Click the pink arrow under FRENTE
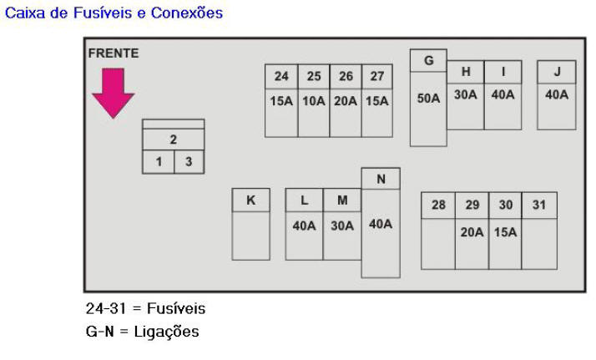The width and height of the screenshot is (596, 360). click(113, 93)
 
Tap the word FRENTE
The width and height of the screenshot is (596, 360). click(114, 53)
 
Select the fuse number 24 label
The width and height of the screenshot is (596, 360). click(281, 76)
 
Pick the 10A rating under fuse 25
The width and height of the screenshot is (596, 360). click(314, 101)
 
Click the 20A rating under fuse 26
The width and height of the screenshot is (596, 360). click(346, 101)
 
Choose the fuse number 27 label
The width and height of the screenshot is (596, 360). click(377, 76)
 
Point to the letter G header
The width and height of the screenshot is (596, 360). click(428, 60)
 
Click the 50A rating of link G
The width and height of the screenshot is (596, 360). click(428, 98)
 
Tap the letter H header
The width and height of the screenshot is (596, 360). click(465, 71)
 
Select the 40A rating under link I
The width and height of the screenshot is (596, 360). click(503, 94)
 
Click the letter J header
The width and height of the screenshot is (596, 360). click(557, 71)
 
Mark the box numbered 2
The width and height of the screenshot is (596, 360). click(173, 139)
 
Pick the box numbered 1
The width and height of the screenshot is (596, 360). click(159, 162)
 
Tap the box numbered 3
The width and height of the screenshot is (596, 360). click(189, 162)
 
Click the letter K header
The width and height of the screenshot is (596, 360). click(250, 200)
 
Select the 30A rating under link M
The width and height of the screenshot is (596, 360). click(342, 225)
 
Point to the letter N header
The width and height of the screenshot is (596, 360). click(381, 178)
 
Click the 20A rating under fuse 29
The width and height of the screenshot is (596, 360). click(472, 231)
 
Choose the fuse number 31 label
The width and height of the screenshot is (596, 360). click(539, 205)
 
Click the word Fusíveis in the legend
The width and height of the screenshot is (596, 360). click(175, 308)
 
